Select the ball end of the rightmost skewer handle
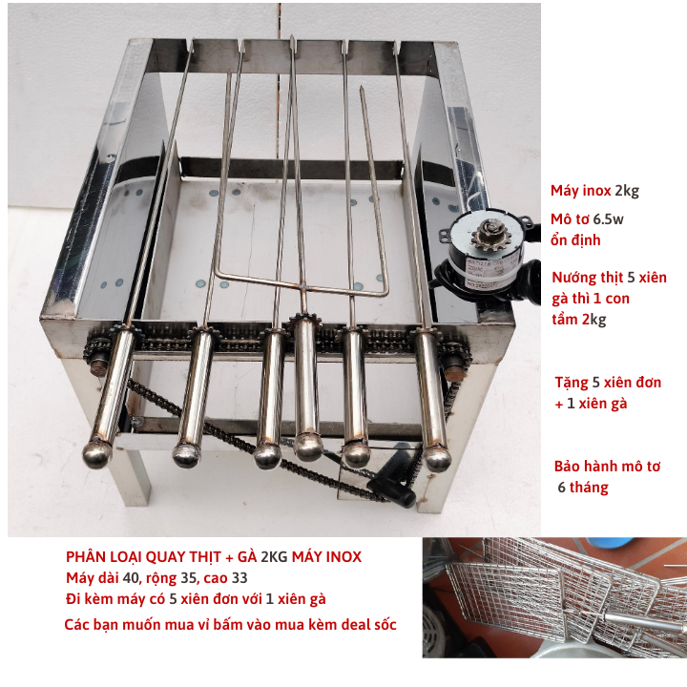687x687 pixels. [x=437, y=458]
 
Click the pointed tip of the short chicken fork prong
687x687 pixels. [x=362, y=89]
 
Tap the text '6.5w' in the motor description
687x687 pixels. [x=608, y=219]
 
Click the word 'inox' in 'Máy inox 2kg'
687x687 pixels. [x=596, y=191]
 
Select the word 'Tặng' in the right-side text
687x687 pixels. [x=572, y=384]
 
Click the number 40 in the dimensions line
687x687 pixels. [x=131, y=578]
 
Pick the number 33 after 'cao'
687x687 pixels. [x=239, y=578]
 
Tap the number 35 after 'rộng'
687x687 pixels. [x=188, y=578]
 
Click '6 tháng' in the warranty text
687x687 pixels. [x=583, y=488]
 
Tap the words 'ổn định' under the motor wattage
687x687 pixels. [x=575, y=240]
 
